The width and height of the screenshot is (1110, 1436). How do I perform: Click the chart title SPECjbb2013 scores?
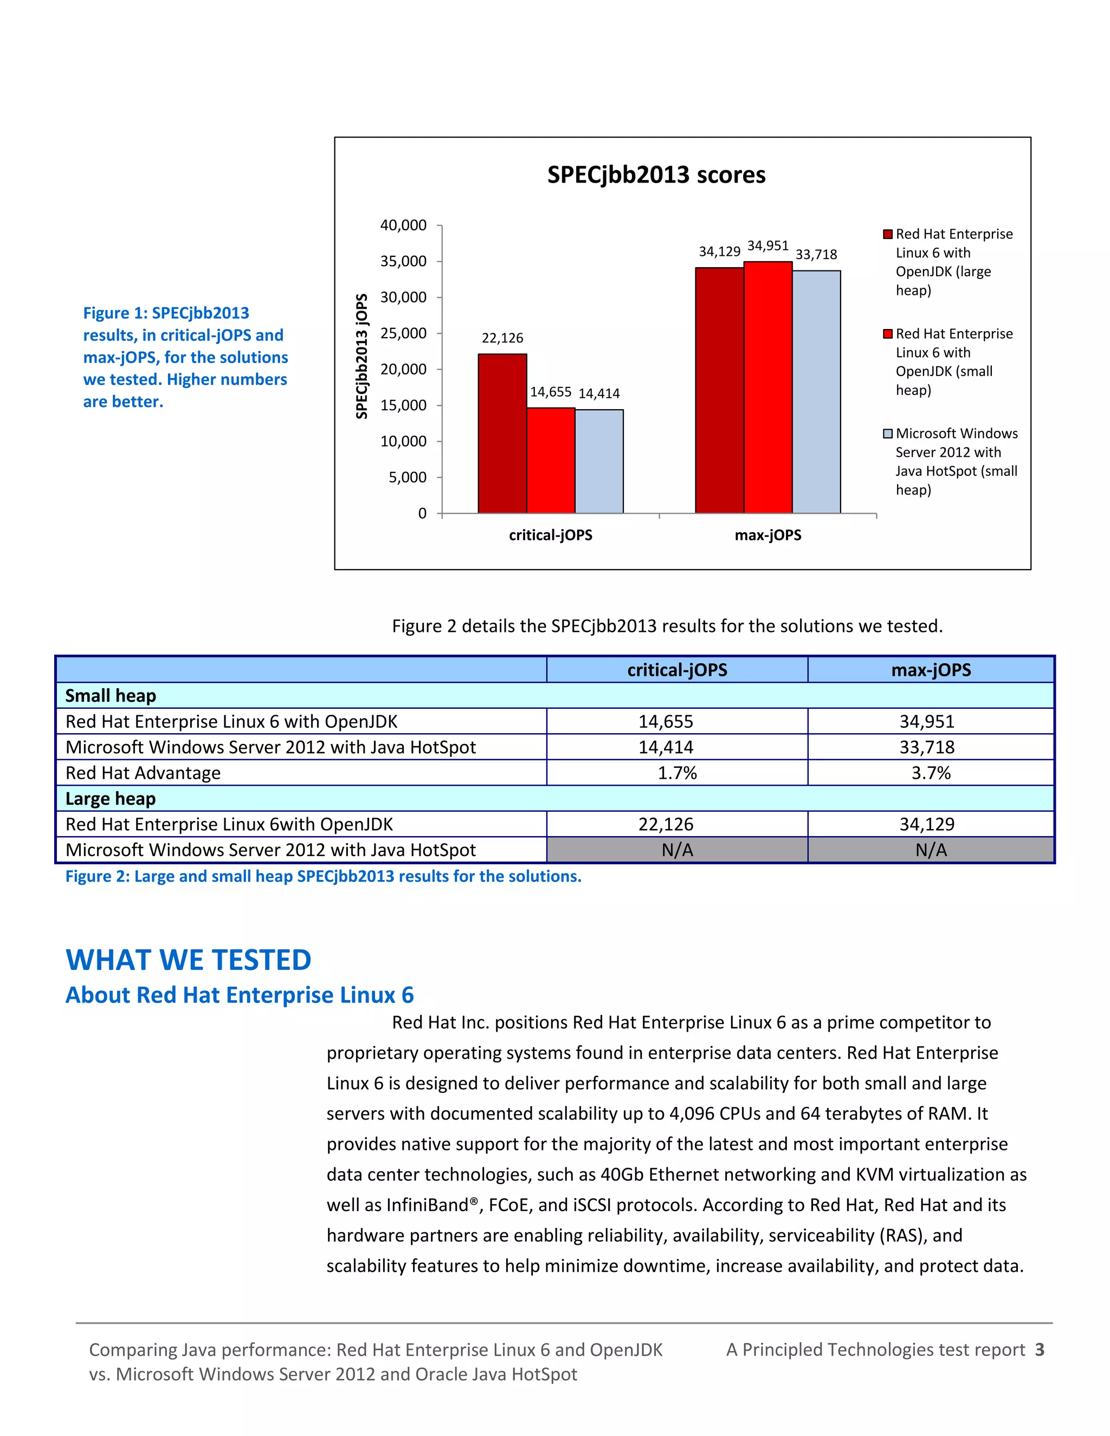[656, 175]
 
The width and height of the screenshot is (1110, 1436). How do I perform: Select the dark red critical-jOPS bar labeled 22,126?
[502, 434]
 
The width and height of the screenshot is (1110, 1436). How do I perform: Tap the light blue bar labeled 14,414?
[599, 461]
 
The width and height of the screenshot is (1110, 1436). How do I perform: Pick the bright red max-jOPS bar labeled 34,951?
[767, 387]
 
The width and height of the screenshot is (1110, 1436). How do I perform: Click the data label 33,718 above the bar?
[816, 255]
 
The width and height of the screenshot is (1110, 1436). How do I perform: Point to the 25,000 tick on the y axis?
[403, 333]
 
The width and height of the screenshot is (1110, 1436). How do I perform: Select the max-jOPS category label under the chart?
[767, 535]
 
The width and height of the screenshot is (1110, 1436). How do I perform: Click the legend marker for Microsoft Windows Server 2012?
[887, 434]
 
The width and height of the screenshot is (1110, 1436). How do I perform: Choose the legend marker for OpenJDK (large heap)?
[887, 235]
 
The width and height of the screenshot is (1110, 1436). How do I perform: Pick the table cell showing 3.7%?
[931, 773]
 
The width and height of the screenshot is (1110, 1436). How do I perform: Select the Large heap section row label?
[111, 799]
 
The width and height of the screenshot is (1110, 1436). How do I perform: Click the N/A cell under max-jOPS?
[931, 850]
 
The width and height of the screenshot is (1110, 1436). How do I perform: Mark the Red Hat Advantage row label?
[143, 773]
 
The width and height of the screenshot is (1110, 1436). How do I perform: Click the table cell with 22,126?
[666, 825]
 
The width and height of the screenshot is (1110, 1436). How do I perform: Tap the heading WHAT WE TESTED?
[188, 960]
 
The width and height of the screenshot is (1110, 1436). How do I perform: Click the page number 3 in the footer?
[1039, 1350]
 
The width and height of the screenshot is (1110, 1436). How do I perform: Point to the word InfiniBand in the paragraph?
[428, 1205]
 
